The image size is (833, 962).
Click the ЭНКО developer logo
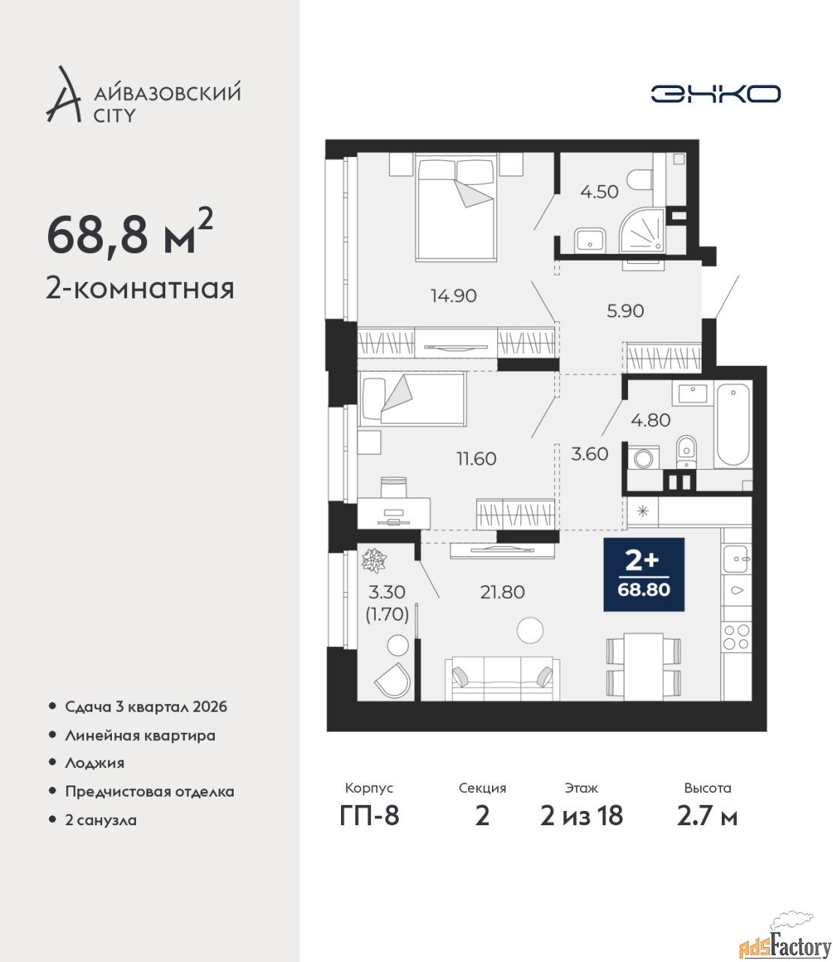pos(715,93)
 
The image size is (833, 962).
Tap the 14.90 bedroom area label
pos(454,296)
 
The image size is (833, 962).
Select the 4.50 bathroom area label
pos(599,192)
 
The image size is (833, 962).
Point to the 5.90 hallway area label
pos(625,311)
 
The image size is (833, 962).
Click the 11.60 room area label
pos(476,459)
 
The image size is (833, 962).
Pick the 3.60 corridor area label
pos(590,454)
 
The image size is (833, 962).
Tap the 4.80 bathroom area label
pos(650,420)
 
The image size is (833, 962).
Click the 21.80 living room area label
pos(503,592)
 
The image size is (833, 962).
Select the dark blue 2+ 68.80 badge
pos(644,574)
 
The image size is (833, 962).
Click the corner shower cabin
pos(641,231)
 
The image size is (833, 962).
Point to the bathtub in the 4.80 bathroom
pos(732,424)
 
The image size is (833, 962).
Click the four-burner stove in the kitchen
pos(736,637)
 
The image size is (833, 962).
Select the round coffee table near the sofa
pos(530,630)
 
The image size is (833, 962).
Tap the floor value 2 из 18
pos(581,816)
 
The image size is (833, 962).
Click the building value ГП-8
pos(370,816)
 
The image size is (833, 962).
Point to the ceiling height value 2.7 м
pos(707,816)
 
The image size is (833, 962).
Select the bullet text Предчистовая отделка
pos(149,791)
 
